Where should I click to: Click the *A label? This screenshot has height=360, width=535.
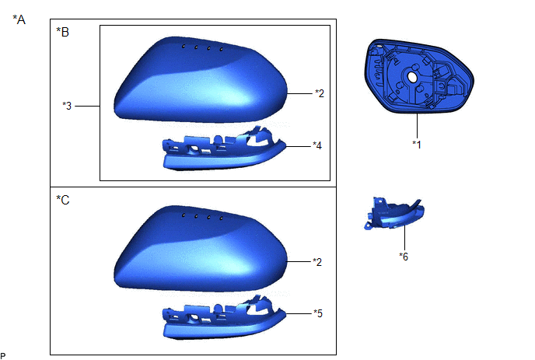[x=19, y=19]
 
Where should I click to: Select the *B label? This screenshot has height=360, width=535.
[x=63, y=32]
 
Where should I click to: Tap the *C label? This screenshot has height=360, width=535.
[x=63, y=200]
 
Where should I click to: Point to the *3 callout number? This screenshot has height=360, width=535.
[x=67, y=106]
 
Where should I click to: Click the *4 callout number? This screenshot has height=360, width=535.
[x=317, y=145]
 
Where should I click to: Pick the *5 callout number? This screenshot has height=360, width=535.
[x=318, y=313]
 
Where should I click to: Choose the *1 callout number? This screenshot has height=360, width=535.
[x=417, y=145]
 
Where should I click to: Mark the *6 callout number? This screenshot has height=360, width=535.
[x=404, y=257]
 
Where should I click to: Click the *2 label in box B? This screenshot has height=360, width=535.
[x=320, y=93]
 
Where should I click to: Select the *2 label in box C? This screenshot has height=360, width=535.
[x=317, y=262]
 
